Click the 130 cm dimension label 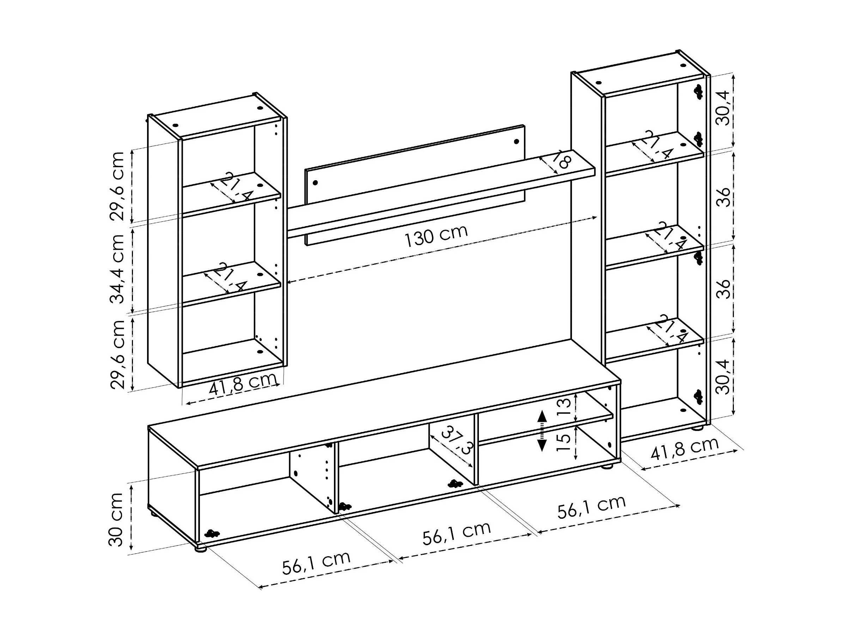coord(436,235)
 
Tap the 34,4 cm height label coord(117,268)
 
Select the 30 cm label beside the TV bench coord(116,519)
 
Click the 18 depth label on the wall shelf coord(562,160)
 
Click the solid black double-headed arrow coord(542,431)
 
